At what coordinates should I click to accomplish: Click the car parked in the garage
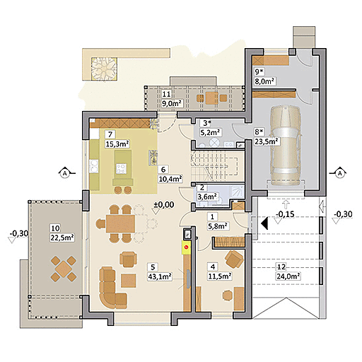pyautogui.click(x=286, y=146)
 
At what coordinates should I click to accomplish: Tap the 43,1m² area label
pyautogui.click(x=159, y=276)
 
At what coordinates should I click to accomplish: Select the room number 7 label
pyautogui.click(x=110, y=134)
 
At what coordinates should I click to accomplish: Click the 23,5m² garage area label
pyautogui.click(x=267, y=141)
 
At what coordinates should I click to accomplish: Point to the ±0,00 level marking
pyautogui.click(x=164, y=204)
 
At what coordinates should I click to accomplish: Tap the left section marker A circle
pyautogui.click(x=64, y=173)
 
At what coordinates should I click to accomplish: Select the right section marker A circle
pyautogui.click(x=339, y=173)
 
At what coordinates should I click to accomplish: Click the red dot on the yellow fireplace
pyautogui.click(x=187, y=247)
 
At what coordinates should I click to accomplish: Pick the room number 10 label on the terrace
pyautogui.click(x=55, y=228)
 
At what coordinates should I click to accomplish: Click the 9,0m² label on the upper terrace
pyautogui.click(x=173, y=103)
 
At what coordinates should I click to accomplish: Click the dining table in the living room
pyautogui.click(x=120, y=223)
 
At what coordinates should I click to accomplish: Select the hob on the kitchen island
pyautogui.click(x=122, y=168)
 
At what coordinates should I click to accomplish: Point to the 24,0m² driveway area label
pyautogui.click(x=288, y=276)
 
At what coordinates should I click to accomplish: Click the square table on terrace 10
pyautogui.click(x=64, y=269)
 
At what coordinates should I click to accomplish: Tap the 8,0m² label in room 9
pyautogui.click(x=265, y=81)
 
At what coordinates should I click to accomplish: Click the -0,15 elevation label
pyautogui.click(x=285, y=214)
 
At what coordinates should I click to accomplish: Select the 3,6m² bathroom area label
pyautogui.click(x=208, y=197)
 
